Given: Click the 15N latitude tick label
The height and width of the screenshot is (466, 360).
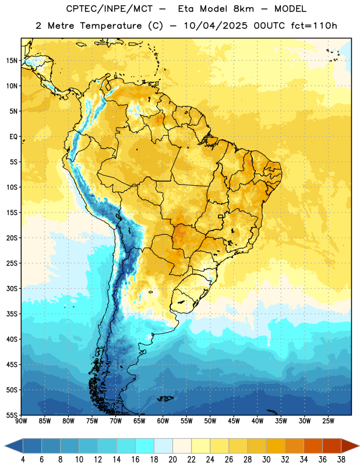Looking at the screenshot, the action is click(12, 61).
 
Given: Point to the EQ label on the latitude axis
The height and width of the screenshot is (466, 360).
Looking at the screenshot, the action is click(13, 137).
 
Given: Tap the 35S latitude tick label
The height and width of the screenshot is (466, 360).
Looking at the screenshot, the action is click(12, 314).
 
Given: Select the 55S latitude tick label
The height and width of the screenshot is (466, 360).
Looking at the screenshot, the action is click(12, 415).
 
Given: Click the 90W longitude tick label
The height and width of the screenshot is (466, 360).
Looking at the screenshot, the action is click(21, 421).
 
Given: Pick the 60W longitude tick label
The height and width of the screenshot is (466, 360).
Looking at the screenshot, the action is click(163, 421).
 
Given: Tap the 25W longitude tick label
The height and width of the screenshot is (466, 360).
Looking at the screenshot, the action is click(328, 421).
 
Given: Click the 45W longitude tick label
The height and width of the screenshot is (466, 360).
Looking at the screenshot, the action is click(234, 421).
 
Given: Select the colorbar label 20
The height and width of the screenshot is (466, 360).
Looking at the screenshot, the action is click(172, 460).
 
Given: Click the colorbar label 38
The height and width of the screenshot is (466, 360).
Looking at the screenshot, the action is click(341, 460).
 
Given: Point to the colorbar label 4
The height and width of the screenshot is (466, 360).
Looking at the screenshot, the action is click(23, 460).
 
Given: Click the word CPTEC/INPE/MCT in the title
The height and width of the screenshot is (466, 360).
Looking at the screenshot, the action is click(110, 9).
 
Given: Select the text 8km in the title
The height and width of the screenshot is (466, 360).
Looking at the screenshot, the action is click(243, 9).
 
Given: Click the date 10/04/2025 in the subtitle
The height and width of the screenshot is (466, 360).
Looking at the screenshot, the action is click(216, 26).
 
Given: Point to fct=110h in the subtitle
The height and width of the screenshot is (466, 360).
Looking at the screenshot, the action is click(314, 26).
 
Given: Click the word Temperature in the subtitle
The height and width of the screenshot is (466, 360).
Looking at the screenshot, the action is click(111, 26).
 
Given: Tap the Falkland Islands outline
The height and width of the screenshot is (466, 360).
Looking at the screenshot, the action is click(165, 398).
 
